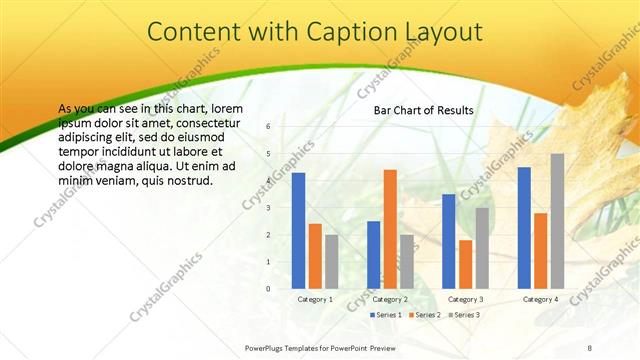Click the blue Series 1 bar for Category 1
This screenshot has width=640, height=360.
(x=298, y=230)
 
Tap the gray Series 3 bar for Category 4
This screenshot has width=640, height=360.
(x=557, y=221)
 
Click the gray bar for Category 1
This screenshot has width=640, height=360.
(x=331, y=262)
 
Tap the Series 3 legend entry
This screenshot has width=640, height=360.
(x=465, y=315)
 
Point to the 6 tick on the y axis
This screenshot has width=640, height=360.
(x=268, y=126)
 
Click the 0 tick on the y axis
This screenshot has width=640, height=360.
(x=268, y=289)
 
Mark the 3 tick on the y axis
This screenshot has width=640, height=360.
(x=268, y=207)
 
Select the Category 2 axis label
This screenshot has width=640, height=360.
(x=390, y=300)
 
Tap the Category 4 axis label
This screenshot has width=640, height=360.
(x=540, y=300)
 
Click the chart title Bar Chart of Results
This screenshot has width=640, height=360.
(x=424, y=110)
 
